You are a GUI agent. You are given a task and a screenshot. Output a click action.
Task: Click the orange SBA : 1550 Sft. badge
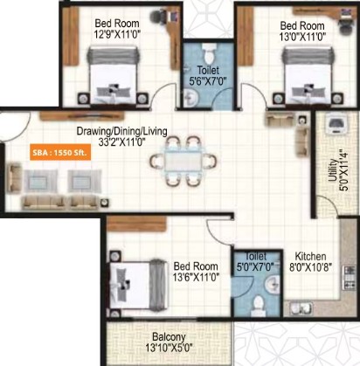(60, 152)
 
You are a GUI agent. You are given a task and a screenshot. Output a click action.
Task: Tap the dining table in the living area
(183, 161)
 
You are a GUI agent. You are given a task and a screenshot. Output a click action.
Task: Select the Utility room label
(333, 170)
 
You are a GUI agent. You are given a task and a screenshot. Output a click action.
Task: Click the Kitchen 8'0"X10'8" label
(310, 262)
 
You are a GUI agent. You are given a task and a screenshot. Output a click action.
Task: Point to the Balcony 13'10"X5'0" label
(169, 342)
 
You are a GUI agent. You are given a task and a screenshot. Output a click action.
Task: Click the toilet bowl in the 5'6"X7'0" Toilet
(208, 53)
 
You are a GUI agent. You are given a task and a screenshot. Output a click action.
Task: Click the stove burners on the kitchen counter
(350, 278)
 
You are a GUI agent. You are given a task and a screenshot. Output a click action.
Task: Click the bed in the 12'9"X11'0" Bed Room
(113, 75)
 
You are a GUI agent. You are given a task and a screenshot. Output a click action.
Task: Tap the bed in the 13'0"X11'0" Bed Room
(308, 75)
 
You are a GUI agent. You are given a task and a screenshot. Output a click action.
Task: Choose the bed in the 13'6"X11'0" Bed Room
(139, 286)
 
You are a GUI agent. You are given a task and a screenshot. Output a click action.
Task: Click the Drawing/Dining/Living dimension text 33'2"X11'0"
(121, 142)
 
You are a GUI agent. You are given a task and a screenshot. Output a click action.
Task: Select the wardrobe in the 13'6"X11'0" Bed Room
(136, 224)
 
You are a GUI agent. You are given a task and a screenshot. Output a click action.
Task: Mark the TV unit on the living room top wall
(82, 115)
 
